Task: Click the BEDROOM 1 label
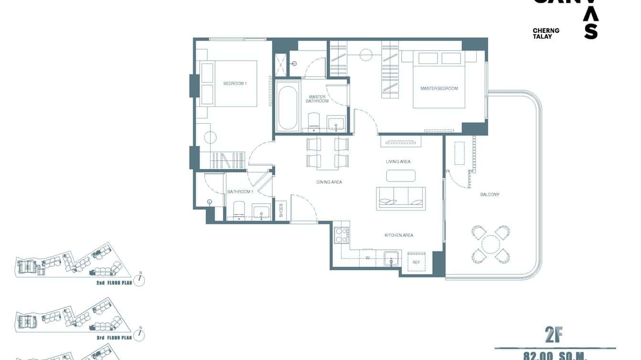pos(235,84)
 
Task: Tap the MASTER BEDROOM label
pos(439,88)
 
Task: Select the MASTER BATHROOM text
pos(317,99)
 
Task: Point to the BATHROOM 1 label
pos(240,192)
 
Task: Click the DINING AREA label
pos(329,182)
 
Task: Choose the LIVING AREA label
pos(398,162)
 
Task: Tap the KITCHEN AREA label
pos(399,235)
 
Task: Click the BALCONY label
pos(490,194)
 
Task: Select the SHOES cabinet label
pos(281,211)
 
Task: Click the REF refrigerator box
pos(417,262)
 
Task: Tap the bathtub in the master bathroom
pos(288,107)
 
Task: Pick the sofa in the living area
pos(401,198)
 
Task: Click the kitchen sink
pos(392,259)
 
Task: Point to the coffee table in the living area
pos(401,176)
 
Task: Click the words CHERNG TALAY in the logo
pos(546,33)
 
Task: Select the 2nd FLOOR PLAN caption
pos(114,283)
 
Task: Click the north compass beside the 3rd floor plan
pos(139,335)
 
